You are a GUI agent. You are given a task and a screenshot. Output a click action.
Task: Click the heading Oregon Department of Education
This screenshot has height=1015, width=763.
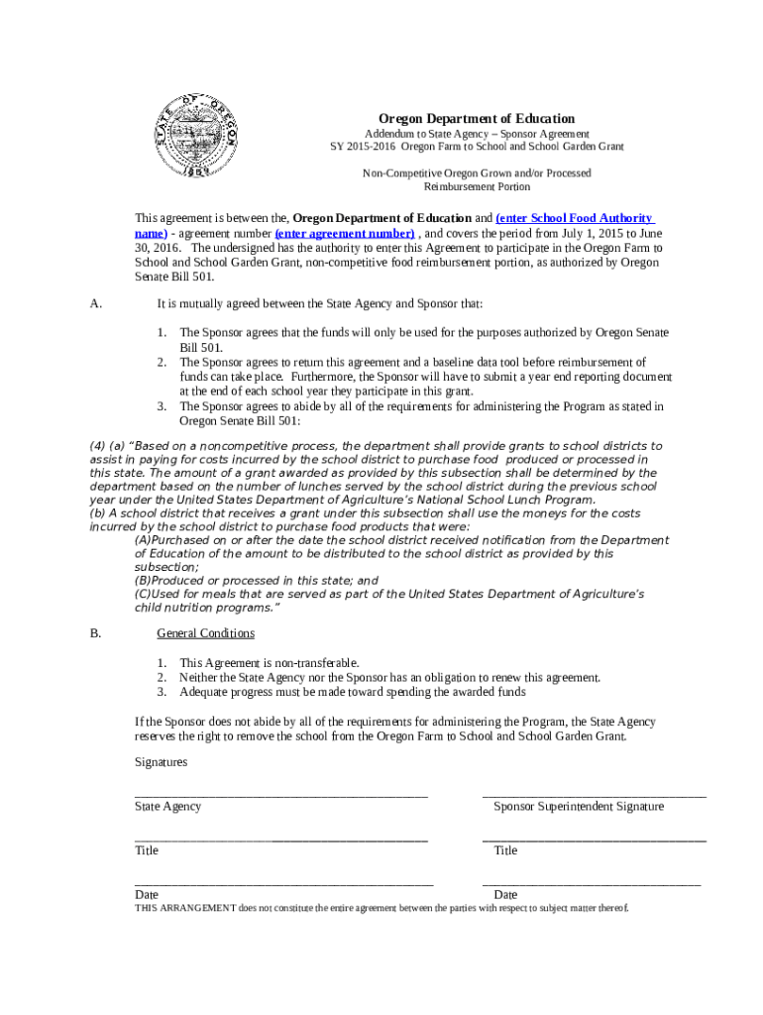(477, 118)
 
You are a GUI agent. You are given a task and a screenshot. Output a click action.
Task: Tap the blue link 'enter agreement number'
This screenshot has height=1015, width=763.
(331, 233)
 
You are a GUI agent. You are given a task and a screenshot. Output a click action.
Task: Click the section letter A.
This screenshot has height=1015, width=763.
(94, 303)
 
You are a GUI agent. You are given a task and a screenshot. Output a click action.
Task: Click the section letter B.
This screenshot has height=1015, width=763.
(94, 632)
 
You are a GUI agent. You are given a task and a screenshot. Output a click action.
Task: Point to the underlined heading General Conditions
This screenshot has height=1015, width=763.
(205, 632)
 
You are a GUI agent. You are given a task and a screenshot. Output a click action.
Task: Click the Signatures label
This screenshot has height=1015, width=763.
(161, 761)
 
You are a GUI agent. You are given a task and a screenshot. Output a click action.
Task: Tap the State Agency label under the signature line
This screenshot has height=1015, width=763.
(167, 806)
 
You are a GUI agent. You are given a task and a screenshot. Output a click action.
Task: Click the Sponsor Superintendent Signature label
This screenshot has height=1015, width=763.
(579, 806)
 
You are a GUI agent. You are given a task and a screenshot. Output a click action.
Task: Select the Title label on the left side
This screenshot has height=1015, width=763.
(147, 850)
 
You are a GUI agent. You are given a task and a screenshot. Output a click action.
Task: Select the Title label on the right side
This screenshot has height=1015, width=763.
(505, 850)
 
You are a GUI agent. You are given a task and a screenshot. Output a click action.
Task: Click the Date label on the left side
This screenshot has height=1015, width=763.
(147, 894)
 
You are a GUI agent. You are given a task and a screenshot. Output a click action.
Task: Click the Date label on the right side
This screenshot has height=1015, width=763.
(505, 894)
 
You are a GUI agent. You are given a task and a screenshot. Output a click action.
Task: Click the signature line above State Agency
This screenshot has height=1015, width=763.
(280, 794)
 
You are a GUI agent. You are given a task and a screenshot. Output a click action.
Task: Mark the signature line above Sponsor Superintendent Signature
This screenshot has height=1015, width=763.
(594, 794)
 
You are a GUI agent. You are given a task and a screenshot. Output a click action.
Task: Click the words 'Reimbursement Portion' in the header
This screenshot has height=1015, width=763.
(477, 186)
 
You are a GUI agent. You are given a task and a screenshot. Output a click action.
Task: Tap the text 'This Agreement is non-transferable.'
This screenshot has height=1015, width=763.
(269, 662)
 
